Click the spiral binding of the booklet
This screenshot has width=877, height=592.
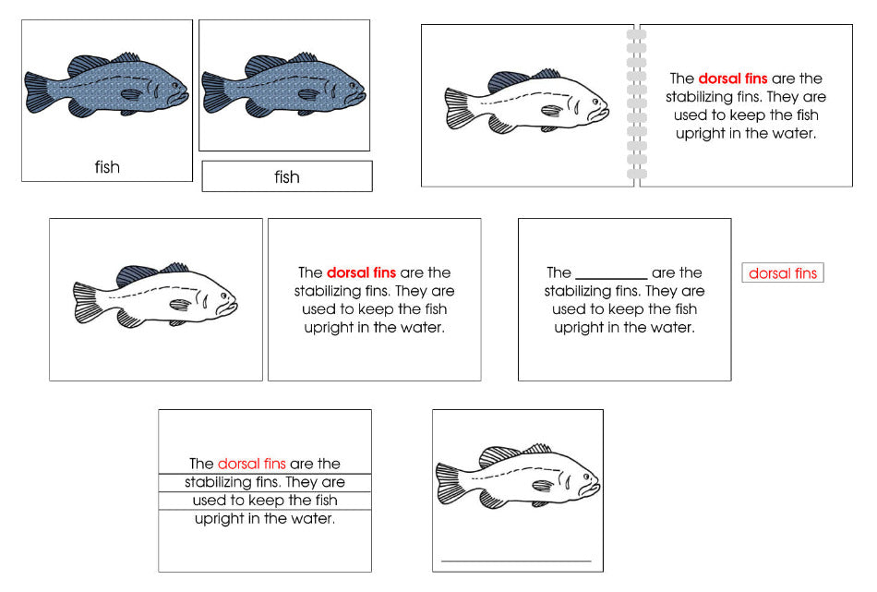click(637, 104)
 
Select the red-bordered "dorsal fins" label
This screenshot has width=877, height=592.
click(782, 273)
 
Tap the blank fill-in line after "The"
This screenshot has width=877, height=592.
click(610, 274)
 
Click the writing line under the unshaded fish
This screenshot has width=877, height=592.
click(516, 560)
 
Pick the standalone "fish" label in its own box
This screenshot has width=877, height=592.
click(287, 176)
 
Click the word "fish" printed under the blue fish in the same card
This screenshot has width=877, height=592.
click(107, 167)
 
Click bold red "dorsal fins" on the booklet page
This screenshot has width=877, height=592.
click(732, 79)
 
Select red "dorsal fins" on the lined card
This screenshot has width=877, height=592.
click(252, 464)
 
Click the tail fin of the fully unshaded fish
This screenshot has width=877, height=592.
click(451, 483)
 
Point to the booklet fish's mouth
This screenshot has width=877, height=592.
click(606, 105)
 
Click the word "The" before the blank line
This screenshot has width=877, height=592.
click(559, 272)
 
